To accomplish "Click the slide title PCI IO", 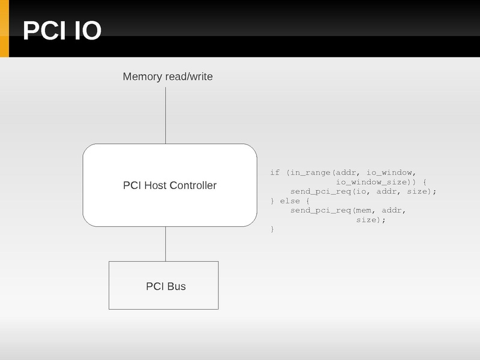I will point(62,31).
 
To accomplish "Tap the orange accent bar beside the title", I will point(4,29).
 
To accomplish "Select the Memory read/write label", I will point(167,77).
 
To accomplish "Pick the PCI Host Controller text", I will point(169,185).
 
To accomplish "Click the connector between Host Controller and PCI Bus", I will point(166,244).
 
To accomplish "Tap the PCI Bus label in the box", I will point(166,286).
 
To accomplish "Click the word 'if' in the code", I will point(275,173).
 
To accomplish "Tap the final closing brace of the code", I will point(272,229).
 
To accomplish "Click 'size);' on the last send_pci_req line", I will point(371,220).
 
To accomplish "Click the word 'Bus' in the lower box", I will point(176,286).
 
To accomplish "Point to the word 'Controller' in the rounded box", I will point(193,185).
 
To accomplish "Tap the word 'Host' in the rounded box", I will point(155,185).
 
